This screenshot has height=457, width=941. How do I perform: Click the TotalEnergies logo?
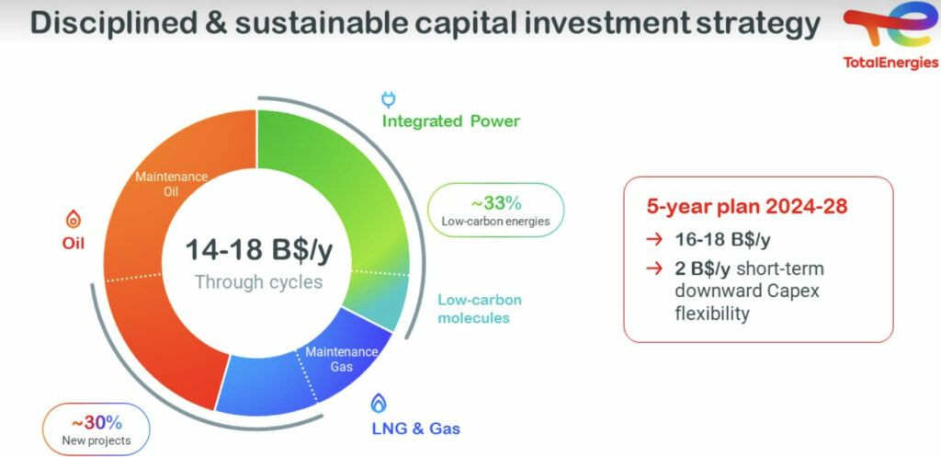890,35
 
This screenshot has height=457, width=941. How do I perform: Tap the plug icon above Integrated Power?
389,99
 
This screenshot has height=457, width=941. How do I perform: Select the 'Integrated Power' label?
450,121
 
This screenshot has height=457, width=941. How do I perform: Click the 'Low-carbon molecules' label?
480,309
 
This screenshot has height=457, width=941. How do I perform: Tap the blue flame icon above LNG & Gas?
378,403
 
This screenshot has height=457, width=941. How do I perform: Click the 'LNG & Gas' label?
415,428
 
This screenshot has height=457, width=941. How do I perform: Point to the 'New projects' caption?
96,441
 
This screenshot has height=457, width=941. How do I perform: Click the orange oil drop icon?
73,219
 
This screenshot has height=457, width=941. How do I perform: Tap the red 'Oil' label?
73,244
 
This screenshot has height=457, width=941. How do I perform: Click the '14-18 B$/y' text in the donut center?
258,250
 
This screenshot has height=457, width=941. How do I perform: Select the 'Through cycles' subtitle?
258,281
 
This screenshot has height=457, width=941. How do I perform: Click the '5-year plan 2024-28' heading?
747,206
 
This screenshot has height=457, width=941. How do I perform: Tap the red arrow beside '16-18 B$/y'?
654,240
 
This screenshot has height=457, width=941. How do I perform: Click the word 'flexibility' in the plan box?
712,314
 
